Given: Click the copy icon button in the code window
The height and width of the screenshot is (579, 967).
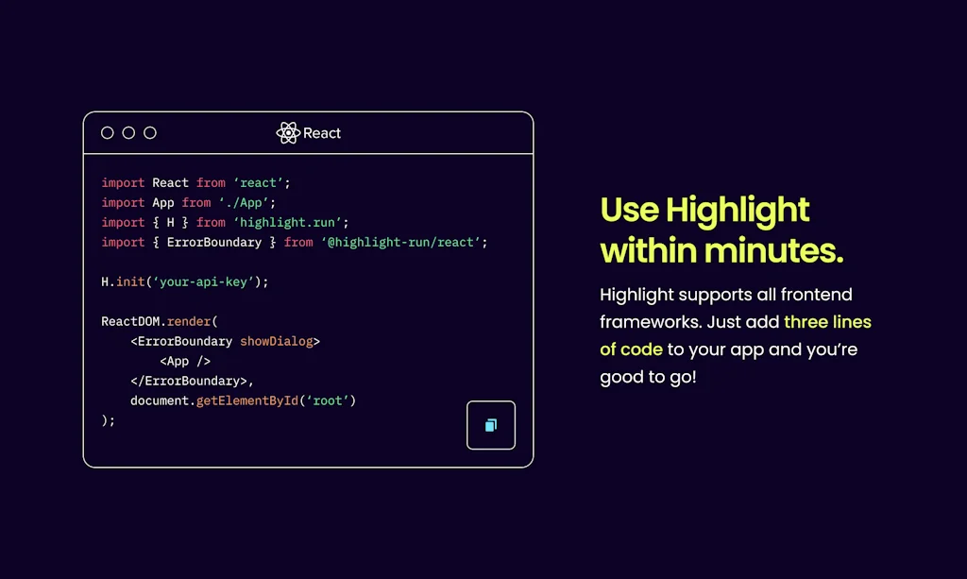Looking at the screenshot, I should (491, 425).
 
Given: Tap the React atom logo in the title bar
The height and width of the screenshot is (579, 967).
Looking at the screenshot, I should (288, 133).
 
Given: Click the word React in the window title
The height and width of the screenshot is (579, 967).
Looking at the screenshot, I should (322, 133).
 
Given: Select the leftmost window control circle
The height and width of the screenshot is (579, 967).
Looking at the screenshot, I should (108, 133).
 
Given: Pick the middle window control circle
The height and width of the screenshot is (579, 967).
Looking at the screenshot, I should (128, 133).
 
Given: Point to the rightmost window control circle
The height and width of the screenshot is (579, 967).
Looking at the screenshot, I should (150, 133).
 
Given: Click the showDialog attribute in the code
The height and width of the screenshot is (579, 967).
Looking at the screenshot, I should (277, 341).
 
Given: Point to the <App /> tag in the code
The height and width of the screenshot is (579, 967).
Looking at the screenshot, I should (185, 361).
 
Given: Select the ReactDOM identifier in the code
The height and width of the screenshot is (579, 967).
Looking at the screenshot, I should (130, 321).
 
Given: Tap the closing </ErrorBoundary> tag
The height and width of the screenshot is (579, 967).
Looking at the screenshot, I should (189, 381).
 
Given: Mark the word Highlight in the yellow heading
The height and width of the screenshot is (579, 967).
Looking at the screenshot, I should (738, 210).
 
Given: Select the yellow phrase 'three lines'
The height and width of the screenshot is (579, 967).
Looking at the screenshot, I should (827, 322).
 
